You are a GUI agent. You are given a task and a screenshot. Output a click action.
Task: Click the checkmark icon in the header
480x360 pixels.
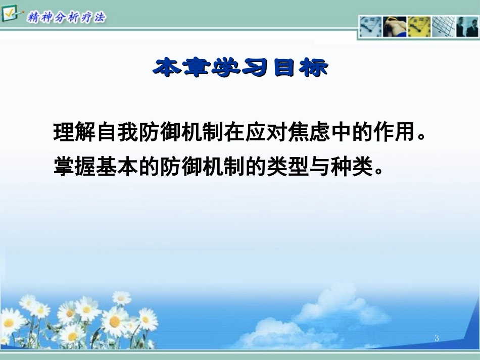tap(10, 13)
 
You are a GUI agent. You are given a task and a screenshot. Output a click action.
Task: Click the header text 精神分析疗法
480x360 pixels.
tap(67, 18)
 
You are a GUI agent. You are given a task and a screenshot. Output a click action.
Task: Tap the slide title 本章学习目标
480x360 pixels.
tap(241, 68)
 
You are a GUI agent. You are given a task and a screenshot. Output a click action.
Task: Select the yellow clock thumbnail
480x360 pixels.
tap(419, 26)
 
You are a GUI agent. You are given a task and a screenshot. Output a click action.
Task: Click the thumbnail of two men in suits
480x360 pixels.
tap(467, 26)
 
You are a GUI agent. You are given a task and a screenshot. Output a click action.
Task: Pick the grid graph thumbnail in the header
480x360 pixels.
tap(443, 26)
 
